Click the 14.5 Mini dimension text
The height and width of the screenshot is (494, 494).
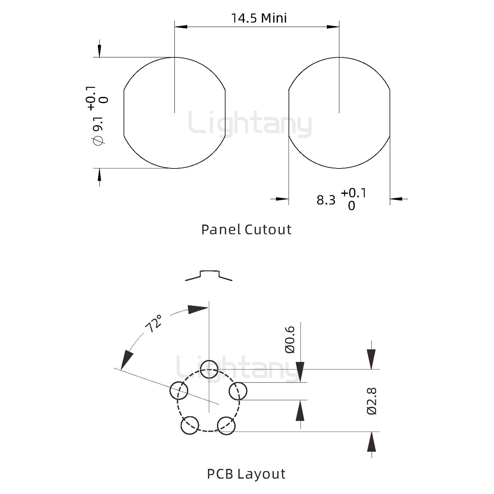tap(259, 19)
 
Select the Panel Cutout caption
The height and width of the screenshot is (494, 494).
tap(246, 230)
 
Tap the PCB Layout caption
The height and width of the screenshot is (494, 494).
tap(246, 474)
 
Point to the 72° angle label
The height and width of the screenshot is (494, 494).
tap(153, 324)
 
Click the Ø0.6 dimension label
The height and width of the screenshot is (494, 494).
tap(290, 340)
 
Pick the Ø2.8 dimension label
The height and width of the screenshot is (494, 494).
tap(372, 401)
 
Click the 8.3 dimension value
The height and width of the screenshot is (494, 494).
tap(326, 200)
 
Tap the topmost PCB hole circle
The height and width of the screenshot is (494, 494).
tap(209, 369)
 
